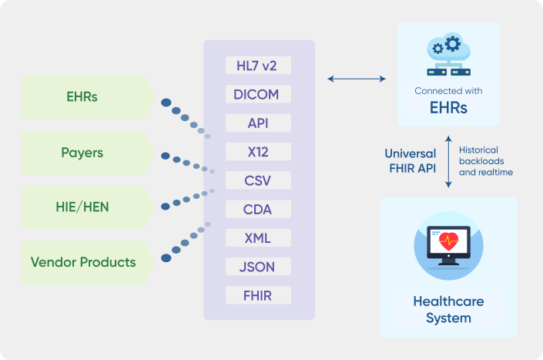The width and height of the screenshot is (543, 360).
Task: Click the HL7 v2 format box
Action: pos(258,66)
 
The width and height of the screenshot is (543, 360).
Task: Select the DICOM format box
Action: pos(258,94)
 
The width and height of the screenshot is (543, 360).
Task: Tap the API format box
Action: pos(258,123)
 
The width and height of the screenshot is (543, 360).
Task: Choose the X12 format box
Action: pos(258,152)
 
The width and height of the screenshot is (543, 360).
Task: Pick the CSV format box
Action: pos(258,180)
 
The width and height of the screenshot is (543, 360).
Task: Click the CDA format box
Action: pos(258,209)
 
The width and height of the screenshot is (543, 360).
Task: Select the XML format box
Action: pos(258,237)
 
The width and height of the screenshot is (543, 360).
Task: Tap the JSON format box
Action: pos(258,267)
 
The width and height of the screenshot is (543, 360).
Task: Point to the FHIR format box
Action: pos(258,295)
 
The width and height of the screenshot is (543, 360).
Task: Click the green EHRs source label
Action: pos(82,97)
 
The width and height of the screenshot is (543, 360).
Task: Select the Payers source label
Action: pos(82,153)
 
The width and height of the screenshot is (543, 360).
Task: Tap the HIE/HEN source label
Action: pos(82,207)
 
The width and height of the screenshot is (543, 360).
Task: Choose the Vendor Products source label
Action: pos(83,262)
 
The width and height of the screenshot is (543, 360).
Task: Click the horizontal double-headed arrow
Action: pos(357,79)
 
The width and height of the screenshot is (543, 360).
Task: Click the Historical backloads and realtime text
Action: pos(484,161)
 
